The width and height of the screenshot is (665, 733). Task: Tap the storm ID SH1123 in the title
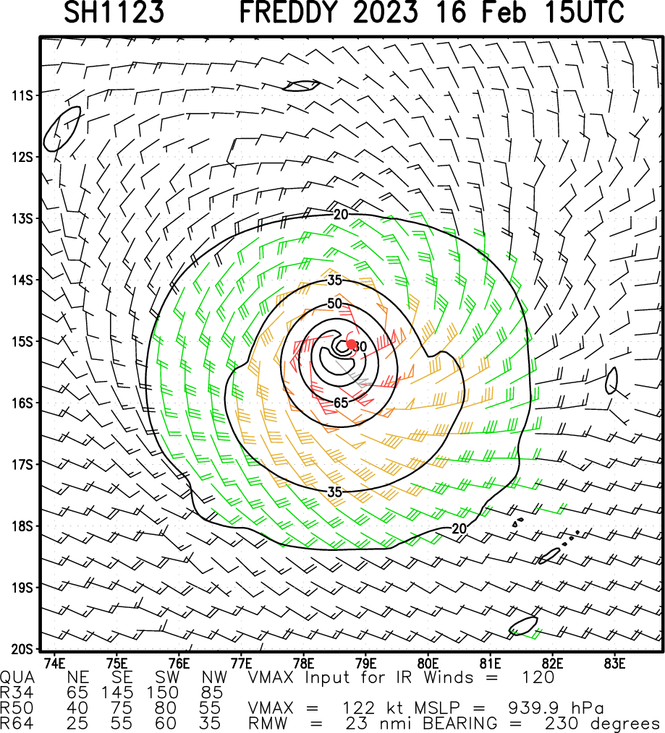pos(114,12)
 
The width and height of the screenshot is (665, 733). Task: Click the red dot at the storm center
pos(352,344)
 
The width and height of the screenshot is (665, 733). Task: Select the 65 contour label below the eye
pos(342,403)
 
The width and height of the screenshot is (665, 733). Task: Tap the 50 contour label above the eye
pos(334,304)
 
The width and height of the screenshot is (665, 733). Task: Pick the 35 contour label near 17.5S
pos(334,492)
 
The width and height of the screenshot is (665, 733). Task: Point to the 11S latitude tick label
pos(20,95)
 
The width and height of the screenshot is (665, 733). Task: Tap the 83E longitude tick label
pos(614,662)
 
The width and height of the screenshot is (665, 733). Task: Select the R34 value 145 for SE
pos(119,693)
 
